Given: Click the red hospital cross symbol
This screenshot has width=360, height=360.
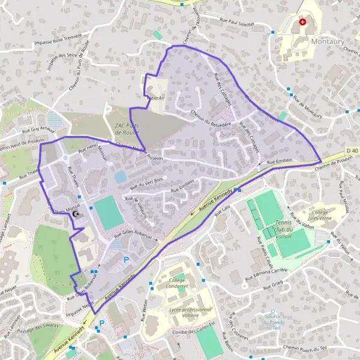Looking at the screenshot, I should pos(302,22).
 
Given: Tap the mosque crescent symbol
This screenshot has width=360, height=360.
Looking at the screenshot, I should pos(76,214).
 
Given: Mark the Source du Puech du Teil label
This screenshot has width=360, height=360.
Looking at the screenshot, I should pos(272,322).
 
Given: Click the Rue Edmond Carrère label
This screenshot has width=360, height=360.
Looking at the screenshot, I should pos(266,275).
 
